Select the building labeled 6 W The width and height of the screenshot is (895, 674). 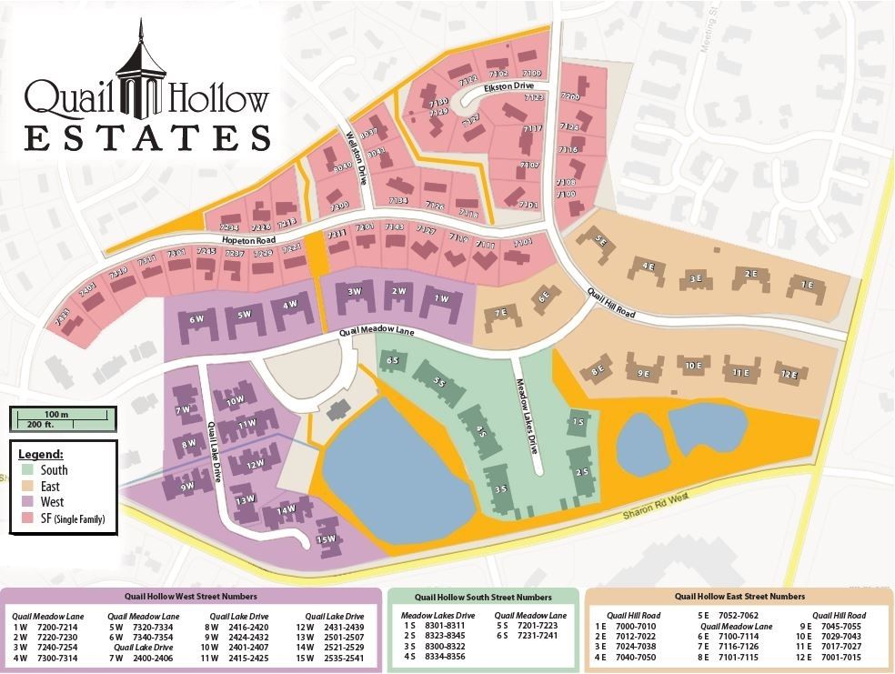[x=196, y=319]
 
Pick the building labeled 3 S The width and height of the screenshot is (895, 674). [x=499, y=489]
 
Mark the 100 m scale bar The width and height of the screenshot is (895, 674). [x=60, y=416]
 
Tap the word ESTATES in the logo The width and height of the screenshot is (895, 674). [x=146, y=137]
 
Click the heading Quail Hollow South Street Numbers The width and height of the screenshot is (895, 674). [x=482, y=598]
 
